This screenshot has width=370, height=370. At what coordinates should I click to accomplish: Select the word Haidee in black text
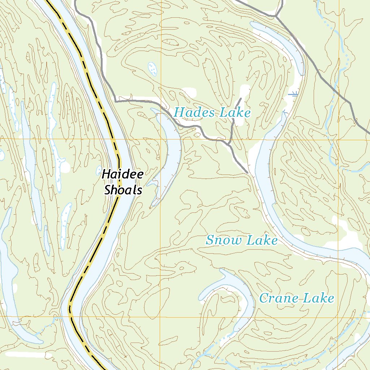[122, 175]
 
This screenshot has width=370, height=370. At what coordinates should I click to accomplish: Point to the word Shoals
[123, 190]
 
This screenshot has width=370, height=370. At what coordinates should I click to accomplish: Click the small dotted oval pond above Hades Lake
[152, 68]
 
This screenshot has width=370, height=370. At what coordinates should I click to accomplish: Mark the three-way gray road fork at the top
[275, 16]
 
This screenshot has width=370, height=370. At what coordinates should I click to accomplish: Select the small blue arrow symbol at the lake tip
[285, 113]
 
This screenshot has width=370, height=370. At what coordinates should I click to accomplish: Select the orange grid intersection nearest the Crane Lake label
[339, 317]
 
